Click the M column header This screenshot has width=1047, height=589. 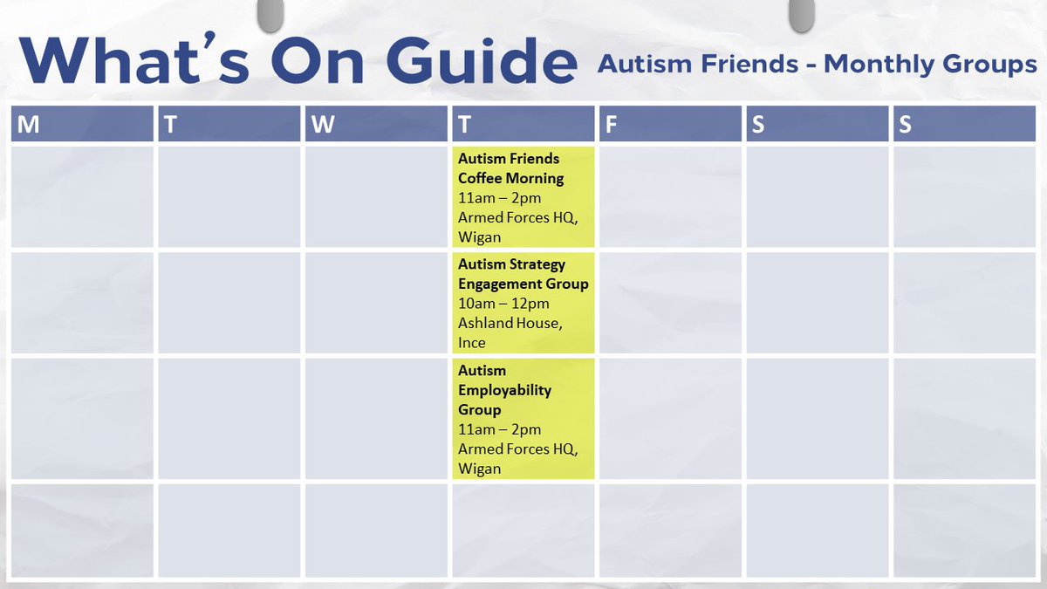coord(29,125)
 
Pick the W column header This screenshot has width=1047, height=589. coord(322,125)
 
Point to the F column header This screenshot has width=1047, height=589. coord(611,125)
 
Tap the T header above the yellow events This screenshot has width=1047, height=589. coord(463,125)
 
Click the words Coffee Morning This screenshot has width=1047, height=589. coord(510,178)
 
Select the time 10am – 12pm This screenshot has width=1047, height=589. coord(503,304)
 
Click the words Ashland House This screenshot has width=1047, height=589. coord(510,323)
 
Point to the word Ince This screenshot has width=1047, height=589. coord(471,342)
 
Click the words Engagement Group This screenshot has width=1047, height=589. coord(523,284)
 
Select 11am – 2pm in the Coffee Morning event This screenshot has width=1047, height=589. coord(499,198)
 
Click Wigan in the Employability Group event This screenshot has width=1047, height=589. coord(479,469)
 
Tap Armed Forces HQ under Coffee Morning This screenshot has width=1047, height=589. coord(517,218)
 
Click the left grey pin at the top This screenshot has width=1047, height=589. coord(271,13)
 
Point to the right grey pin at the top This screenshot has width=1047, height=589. coord(799,13)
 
